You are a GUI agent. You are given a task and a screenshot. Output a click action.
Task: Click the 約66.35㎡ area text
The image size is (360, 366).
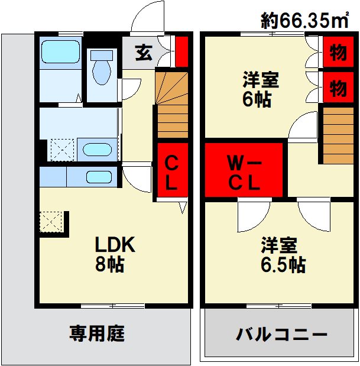point(304,21)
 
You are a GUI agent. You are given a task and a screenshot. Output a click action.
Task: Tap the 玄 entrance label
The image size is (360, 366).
point(144,53)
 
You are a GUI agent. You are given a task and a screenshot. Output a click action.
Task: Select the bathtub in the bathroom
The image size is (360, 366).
point(60,52)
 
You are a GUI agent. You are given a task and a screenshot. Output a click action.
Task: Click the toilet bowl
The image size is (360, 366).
point(102,69)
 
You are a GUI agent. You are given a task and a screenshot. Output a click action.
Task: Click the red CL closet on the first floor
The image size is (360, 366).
point(173,170)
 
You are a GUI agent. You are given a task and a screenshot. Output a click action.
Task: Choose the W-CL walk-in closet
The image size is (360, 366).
point(244,170)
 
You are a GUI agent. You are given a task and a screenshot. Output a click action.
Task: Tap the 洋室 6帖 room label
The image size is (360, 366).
point(261,89)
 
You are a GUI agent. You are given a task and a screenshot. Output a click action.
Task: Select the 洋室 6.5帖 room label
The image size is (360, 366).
point(283,255)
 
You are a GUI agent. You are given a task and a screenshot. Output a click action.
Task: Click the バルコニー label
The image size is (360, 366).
point(281,334)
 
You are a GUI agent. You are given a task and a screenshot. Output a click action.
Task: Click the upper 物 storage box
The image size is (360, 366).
point(338,52)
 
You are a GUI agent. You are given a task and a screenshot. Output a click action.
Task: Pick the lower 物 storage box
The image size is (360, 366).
point(338,87)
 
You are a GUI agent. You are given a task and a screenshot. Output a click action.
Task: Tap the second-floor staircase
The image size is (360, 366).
point(338,135)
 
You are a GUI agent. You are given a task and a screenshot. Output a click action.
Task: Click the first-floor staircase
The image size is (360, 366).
point(173,105)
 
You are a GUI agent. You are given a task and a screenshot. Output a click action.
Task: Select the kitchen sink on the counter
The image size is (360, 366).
point(99,177)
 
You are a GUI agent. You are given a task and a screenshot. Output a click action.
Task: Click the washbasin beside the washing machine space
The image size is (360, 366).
point(97,150)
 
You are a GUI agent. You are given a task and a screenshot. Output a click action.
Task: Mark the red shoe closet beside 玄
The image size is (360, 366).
point(181,51)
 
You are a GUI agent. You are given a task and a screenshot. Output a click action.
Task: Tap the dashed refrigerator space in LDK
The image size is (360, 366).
point(51,222)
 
